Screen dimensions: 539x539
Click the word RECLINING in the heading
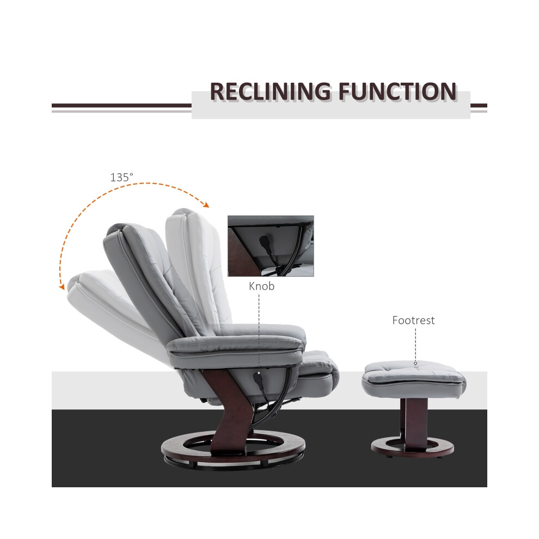271,91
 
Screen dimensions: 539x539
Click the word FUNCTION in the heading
398,91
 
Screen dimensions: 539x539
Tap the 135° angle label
121,177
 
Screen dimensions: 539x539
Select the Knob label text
261,286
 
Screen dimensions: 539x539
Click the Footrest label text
413,320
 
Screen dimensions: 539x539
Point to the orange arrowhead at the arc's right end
206,205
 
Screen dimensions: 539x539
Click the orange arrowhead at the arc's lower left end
62,287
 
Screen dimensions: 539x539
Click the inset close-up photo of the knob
271,246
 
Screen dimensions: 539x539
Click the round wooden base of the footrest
413,446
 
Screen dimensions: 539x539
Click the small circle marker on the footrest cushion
415,363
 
